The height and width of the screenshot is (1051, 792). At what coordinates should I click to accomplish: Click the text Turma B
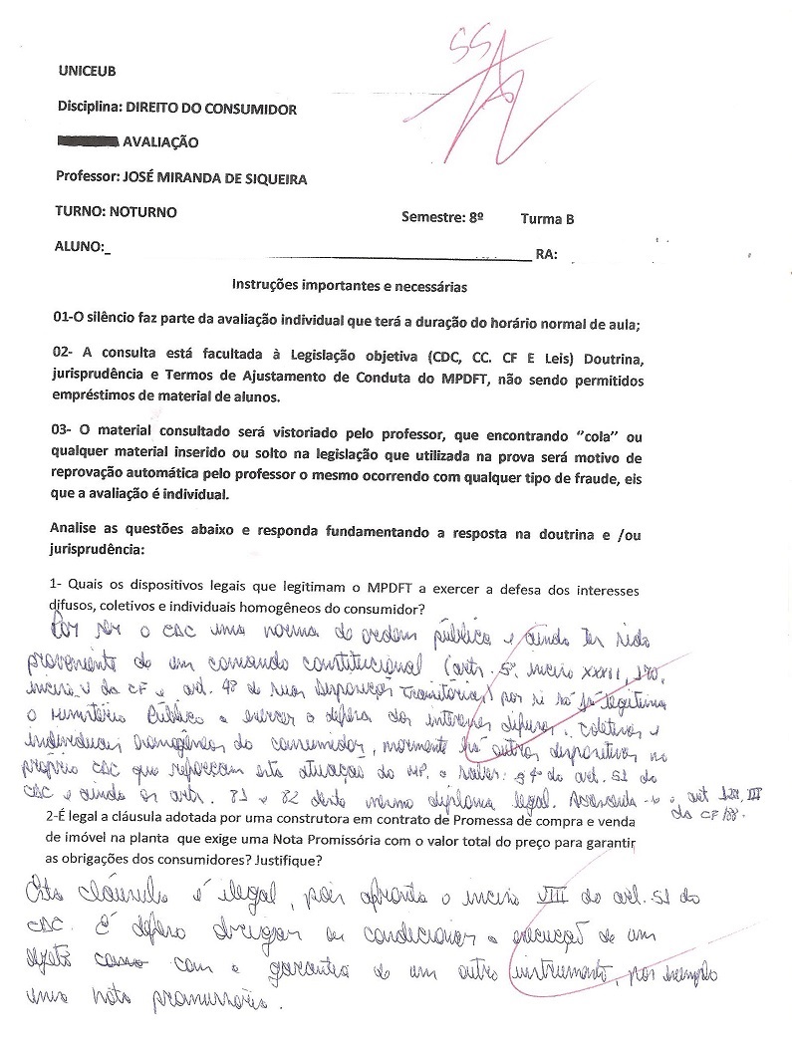pyautogui.click(x=547, y=219)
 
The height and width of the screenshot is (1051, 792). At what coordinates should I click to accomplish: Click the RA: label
pyautogui.click(x=546, y=255)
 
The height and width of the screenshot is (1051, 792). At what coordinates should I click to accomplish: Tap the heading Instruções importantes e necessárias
pyautogui.click(x=350, y=285)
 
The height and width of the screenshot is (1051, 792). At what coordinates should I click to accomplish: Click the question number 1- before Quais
pyautogui.click(x=57, y=583)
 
